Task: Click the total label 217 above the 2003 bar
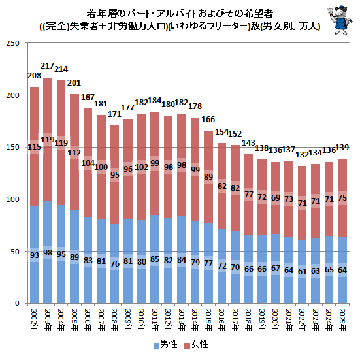(47, 66)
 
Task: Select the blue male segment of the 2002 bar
(34, 255)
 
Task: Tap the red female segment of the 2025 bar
(342, 197)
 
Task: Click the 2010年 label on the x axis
(141, 320)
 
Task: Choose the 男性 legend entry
(166, 344)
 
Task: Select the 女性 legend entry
(197, 344)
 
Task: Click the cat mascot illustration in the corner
(339, 20)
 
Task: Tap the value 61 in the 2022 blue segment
(302, 271)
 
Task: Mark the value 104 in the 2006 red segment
(88, 163)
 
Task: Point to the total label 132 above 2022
(302, 154)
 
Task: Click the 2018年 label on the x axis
(248, 320)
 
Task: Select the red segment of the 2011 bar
(155, 163)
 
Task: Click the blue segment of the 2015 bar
(208, 263)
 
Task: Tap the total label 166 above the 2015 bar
(208, 119)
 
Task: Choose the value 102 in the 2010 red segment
(141, 167)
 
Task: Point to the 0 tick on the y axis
(17, 303)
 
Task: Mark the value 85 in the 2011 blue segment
(155, 259)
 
